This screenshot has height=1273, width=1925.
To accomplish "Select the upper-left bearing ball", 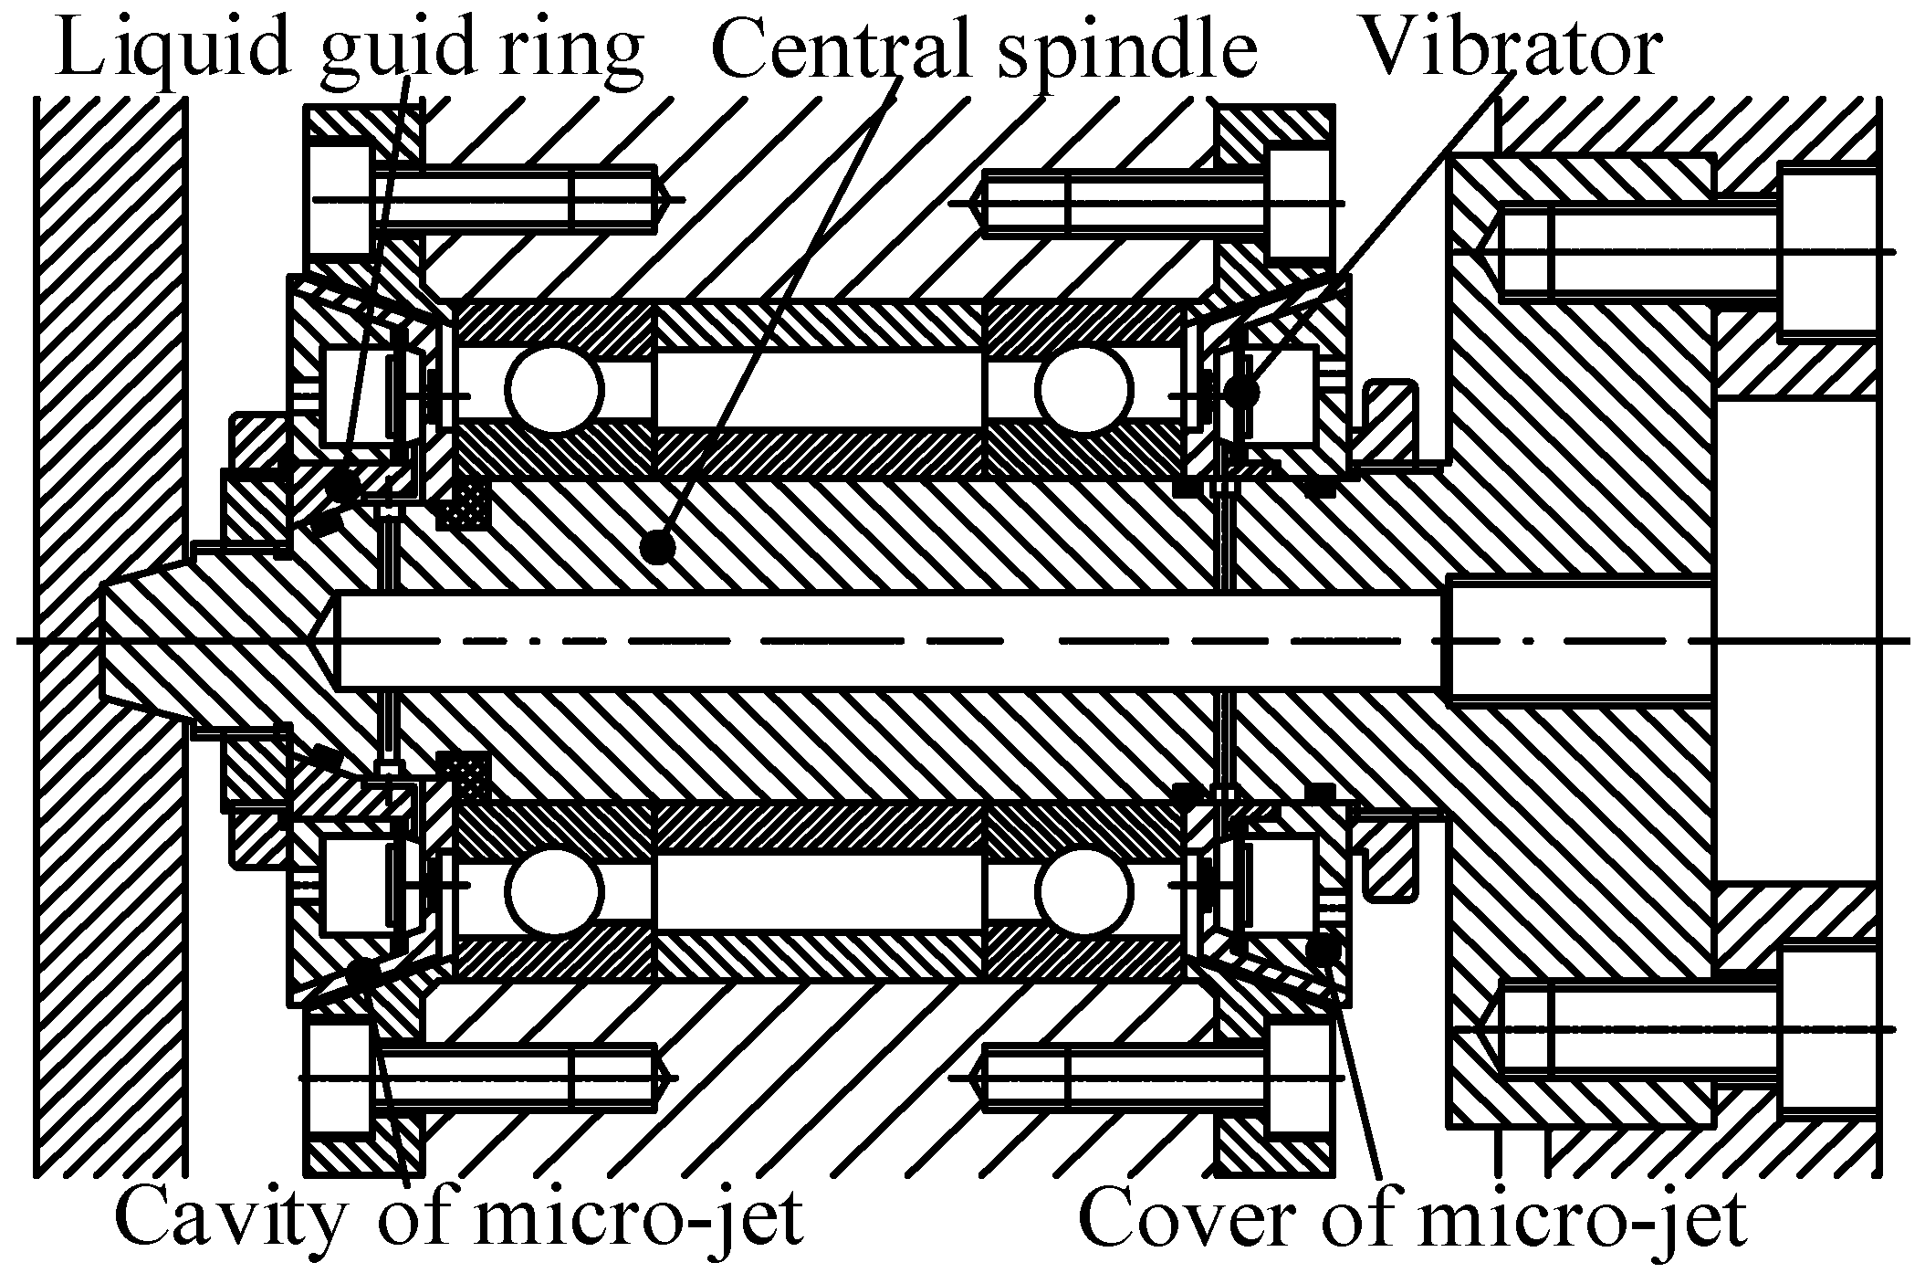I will [x=555, y=390].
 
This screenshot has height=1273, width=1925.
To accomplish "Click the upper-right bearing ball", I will [x=1083, y=390].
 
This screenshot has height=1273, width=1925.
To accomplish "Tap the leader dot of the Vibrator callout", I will [x=1241, y=393].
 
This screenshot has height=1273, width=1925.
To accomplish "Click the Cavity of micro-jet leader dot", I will [x=362, y=973].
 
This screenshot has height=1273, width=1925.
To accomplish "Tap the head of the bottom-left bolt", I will [x=340, y=1078].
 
